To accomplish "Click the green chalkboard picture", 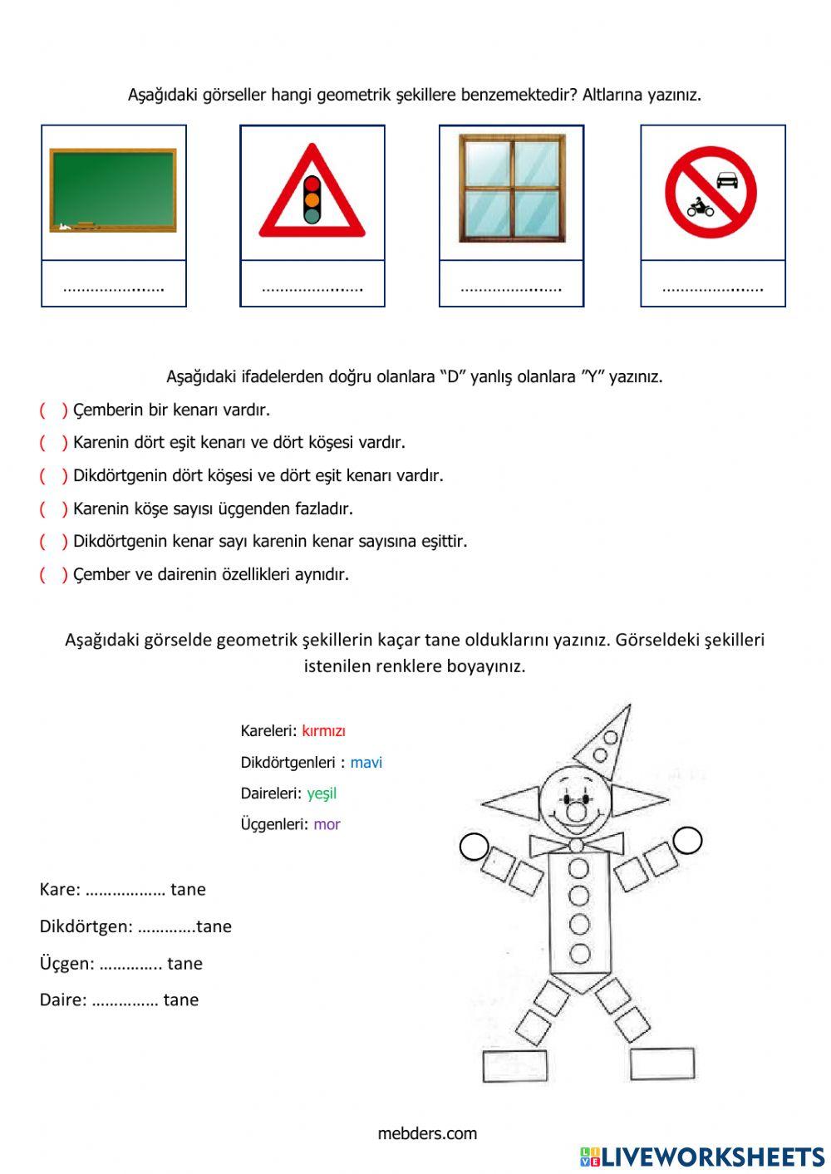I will (113, 190).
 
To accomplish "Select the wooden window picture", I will (512, 189).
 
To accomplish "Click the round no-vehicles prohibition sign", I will (711, 192).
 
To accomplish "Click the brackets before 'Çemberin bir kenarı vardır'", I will (53, 410).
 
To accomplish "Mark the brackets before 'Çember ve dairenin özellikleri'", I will (53, 574).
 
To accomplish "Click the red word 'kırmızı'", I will (323, 731).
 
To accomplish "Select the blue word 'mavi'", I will (366, 763).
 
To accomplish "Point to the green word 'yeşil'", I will (322, 793).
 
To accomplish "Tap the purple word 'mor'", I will (327, 824).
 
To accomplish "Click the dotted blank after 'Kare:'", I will (125, 891).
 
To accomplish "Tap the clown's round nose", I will (577, 809).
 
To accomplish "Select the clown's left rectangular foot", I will (515, 1065).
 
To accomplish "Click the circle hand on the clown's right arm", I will (688, 840).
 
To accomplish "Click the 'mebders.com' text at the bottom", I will (427, 1133).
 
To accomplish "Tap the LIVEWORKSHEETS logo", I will (702, 1157).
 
